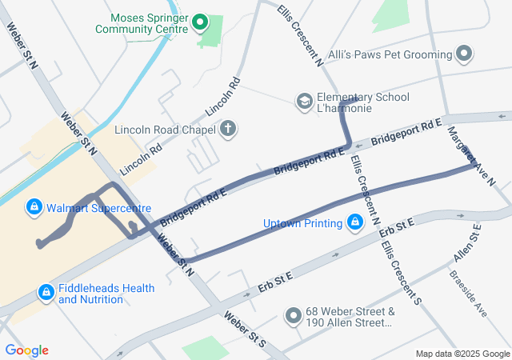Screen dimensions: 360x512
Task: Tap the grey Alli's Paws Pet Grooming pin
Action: tap(465, 54)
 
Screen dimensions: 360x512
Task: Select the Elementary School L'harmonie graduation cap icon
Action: tap(304, 102)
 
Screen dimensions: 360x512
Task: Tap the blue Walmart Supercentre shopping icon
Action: tap(34, 208)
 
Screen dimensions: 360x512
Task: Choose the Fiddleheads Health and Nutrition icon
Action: tap(46, 294)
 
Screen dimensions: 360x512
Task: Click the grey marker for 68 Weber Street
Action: tap(293, 317)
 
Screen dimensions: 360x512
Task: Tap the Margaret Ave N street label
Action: tap(471, 155)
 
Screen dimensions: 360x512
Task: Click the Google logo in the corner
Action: tap(26, 350)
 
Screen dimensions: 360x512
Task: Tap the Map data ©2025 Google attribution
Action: tap(462, 354)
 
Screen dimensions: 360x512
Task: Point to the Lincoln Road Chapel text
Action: tap(165, 130)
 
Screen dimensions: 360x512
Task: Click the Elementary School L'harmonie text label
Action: tap(363, 102)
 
